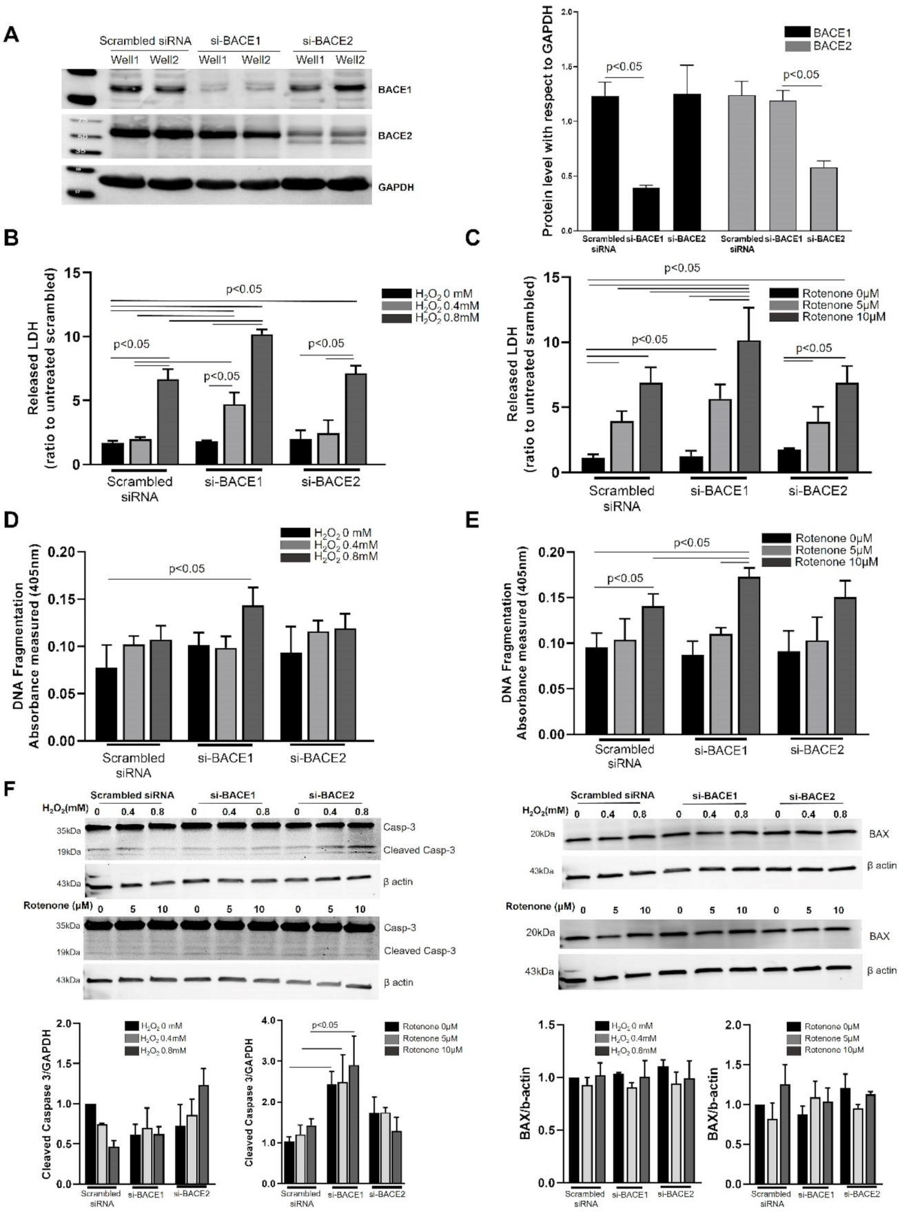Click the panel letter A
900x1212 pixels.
pyautogui.click(x=10, y=34)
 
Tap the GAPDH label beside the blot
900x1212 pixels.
pyautogui.click(x=396, y=187)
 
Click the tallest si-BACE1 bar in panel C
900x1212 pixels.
pyautogui.click(x=748, y=407)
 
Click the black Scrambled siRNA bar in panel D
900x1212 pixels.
pyautogui.click(x=106, y=703)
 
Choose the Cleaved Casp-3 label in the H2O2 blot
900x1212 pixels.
pyautogui.click(x=410, y=850)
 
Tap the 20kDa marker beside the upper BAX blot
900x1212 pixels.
pyautogui.click(x=538, y=834)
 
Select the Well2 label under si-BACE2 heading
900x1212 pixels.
pyautogui.click(x=350, y=61)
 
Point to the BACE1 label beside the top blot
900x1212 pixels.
pyautogui.click(x=395, y=90)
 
